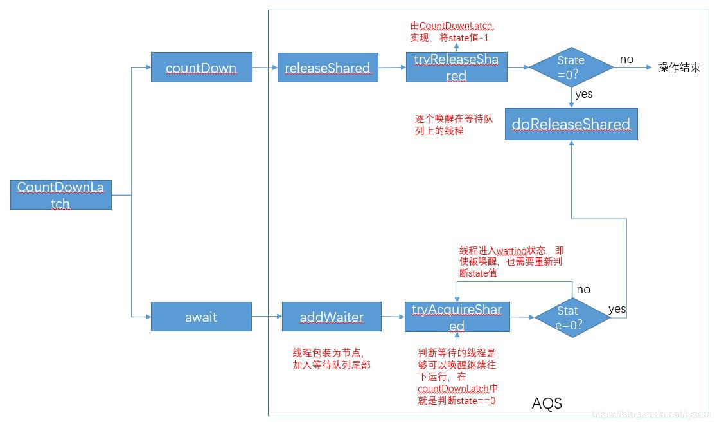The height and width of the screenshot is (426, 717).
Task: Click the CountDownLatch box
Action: pos(61,195)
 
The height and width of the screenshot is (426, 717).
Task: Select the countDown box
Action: pos(201,67)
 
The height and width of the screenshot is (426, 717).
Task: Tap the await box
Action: pos(201,317)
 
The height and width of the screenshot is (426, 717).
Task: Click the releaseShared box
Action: pos(328,68)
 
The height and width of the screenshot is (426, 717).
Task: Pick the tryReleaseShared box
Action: pos(456,68)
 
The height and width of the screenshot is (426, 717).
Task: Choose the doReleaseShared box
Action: pos(571,124)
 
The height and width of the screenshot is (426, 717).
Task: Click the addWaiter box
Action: pos(332,317)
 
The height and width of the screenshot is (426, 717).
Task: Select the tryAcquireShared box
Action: pos(457,317)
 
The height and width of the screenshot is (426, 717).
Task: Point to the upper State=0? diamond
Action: pos(571,67)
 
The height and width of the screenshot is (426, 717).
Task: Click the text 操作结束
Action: pos(678,68)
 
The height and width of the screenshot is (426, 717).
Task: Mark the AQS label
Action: pos(547,403)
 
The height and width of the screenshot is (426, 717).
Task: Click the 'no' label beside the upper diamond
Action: pos(626,59)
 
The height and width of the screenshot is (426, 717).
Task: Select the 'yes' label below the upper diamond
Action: pos(584,94)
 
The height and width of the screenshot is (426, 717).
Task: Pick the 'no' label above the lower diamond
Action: pos(583,290)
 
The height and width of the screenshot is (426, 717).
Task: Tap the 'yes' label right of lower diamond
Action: pos(617,309)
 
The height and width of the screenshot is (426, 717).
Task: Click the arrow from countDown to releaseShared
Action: pos(265,68)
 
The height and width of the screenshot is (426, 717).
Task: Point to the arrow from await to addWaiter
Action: pos(267,317)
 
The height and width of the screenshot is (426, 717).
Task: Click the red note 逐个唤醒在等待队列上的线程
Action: pos(454,125)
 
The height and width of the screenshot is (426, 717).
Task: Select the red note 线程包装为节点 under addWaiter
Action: pos(332,359)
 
